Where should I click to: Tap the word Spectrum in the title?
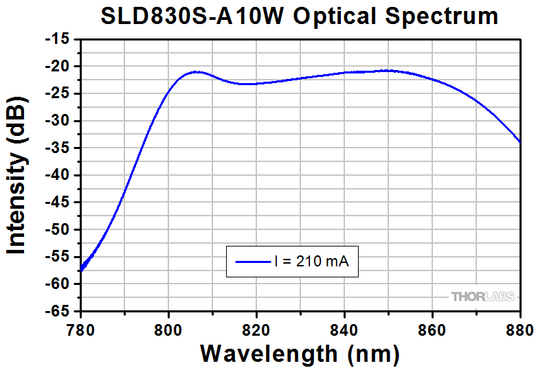point(440,16)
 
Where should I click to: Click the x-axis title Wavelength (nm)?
point(300,353)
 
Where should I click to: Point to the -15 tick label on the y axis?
point(58,39)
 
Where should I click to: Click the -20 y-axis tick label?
point(58,67)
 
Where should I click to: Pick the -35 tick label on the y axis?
point(58,148)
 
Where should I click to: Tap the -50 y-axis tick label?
point(58,230)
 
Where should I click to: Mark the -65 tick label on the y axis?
point(58,311)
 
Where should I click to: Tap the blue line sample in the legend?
point(252,261)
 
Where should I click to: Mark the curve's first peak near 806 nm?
point(197,71)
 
